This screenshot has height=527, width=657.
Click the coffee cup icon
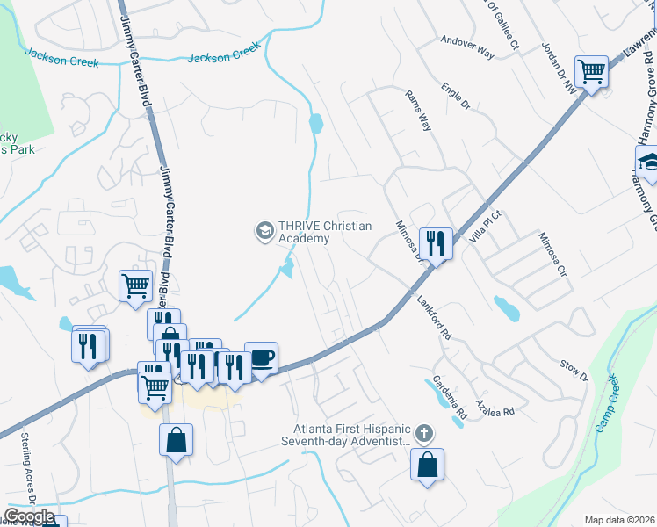pyautogui.click(x=261, y=357)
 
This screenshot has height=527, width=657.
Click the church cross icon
pyautogui.click(x=423, y=433)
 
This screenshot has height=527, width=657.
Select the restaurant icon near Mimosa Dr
pyautogui.click(x=436, y=242)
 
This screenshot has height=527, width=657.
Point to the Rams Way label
pyautogui.click(x=418, y=110)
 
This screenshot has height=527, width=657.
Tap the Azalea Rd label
pyautogui.click(x=495, y=401)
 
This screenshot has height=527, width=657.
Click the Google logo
pyautogui.click(x=29, y=516)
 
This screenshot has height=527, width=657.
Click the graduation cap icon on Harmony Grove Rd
pyautogui.click(x=649, y=162)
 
